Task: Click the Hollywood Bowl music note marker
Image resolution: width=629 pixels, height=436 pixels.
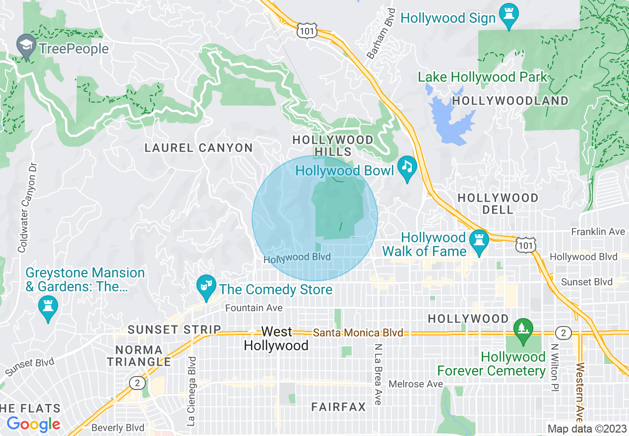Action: tap(407, 166)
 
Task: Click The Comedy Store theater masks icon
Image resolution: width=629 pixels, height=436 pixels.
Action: tap(205, 286)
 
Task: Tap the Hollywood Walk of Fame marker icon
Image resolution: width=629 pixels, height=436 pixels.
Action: tap(479, 240)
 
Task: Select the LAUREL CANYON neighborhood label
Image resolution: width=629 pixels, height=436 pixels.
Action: tap(198, 148)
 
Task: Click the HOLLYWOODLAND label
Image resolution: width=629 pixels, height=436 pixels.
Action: tap(510, 101)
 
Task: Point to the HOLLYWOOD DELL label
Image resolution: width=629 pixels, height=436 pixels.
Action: tap(498, 204)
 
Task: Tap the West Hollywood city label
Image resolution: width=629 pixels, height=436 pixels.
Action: tap(276, 338)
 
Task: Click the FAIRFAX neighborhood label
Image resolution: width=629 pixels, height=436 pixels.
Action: tap(338, 407)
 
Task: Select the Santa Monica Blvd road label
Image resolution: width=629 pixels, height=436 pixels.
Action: tap(358, 333)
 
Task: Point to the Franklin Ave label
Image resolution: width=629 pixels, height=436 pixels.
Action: tap(598, 231)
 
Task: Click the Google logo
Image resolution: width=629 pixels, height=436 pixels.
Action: tap(33, 424)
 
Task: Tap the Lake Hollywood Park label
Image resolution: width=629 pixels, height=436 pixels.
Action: tap(482, 77)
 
